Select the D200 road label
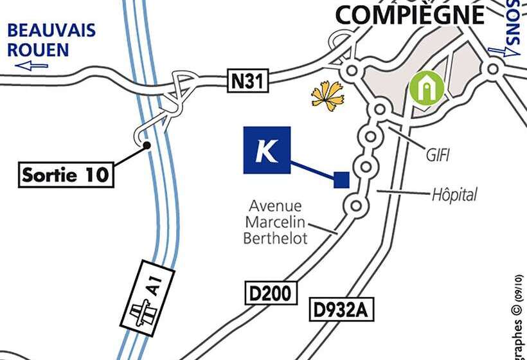point(272,293)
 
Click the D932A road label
point(342,310)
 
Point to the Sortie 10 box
point(65,174)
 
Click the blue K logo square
point(267,150)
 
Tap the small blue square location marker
point(341,179)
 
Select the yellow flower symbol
point(328,95)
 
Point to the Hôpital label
point(454,194)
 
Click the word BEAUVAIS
point(51,30)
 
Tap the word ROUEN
point(39,49)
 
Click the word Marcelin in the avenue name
point(274,222)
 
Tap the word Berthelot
point(275,238)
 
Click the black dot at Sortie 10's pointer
point(147,145)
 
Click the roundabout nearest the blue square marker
point(366,167)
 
